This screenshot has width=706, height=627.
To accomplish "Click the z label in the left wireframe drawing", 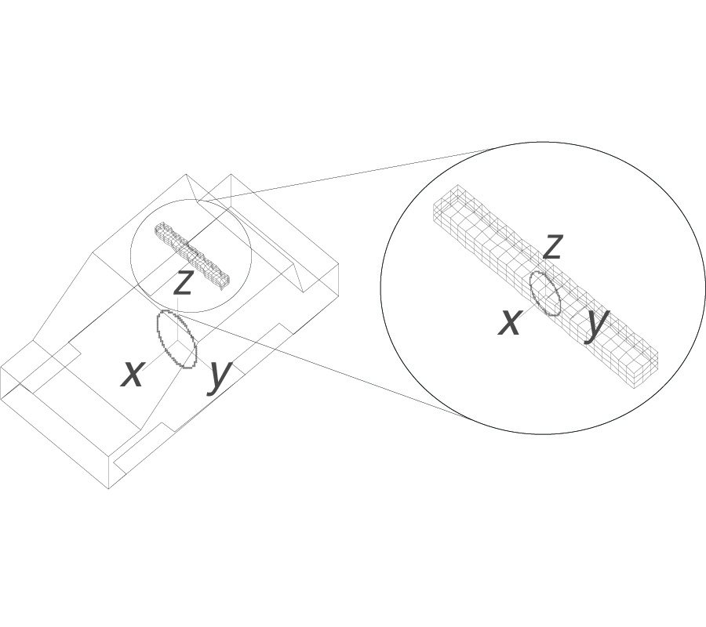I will [183, 283].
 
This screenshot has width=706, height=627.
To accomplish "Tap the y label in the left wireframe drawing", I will [220, 375].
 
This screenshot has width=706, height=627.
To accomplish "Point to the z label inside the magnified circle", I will [553, 247].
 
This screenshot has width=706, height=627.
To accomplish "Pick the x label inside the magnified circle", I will [510, 322].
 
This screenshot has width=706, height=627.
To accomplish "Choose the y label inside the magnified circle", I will [598, 322].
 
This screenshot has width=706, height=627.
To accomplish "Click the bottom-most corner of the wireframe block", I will [108, 489].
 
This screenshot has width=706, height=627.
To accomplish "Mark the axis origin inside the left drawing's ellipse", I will [177, 339].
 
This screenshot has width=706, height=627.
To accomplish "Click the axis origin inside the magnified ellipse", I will [545, 294].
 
